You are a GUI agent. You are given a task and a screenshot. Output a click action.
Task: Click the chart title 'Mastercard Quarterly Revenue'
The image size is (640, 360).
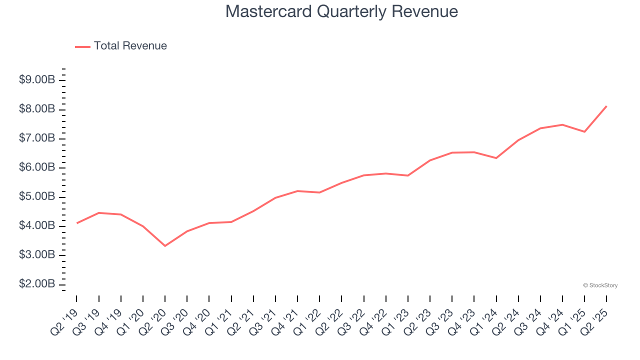(341, 11)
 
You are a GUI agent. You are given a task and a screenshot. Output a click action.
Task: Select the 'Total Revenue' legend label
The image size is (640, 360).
(130, 46)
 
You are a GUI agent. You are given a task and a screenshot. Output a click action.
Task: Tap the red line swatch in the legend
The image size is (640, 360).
(82, 46)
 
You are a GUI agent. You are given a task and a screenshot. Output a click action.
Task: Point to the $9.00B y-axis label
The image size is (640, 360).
(36, 80)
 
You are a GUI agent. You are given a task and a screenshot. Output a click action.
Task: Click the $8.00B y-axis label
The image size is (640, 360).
(36, 109)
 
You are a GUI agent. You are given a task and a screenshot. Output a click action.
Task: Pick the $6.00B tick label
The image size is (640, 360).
(36, 167)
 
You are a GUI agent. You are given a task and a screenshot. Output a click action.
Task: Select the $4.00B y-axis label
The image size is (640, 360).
(36, 226)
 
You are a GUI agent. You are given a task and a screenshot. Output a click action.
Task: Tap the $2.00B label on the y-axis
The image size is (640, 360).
(36, 284)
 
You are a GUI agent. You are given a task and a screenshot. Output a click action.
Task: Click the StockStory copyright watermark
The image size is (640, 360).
(600, 285)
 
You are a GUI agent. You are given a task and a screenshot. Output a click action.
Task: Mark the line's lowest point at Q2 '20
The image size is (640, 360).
(165, 245)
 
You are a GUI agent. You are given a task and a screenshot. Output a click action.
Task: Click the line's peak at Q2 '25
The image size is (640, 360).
(606, 106)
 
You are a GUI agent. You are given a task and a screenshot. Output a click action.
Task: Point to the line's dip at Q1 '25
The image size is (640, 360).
(584, 131)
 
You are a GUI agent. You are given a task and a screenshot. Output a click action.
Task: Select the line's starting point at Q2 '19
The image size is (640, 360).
(76, 223)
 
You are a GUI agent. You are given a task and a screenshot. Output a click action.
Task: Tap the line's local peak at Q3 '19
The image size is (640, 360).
(99, 213)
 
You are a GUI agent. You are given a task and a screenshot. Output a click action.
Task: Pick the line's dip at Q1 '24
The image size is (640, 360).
(496, 158)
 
